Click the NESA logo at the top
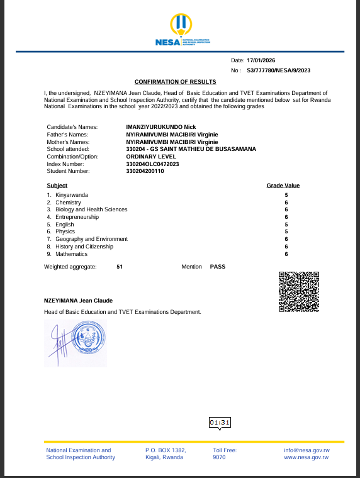[179, 31]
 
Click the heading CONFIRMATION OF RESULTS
[176, 82]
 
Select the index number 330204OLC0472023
[153, 164]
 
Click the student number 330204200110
[145, 171]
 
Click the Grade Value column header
[283, 186]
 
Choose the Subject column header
[57, 186]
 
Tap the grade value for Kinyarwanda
[286, 196]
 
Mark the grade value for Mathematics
[286, 254]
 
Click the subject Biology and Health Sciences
[91, 209]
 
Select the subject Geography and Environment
[91, 239]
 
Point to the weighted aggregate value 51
[120, 267]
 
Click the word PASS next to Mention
[217, 267]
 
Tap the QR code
[298, 291]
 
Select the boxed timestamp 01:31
[220, 423]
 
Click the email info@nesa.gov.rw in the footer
[307, 450]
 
